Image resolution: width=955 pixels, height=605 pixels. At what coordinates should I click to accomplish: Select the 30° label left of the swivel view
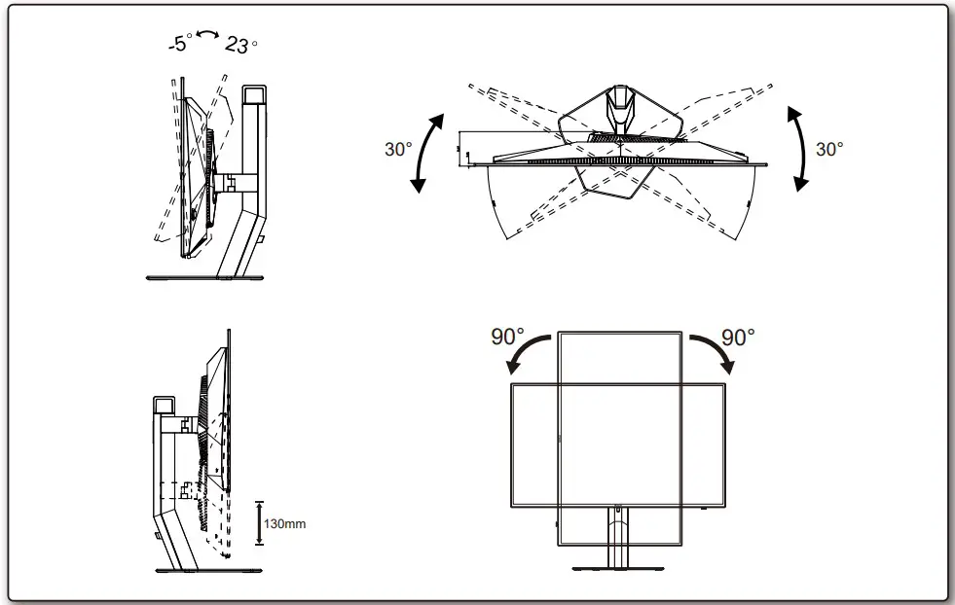coord(398,150)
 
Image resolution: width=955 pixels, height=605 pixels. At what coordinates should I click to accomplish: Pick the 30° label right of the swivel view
coord(828,150)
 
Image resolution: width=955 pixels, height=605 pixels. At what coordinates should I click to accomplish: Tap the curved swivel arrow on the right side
coord(799,150)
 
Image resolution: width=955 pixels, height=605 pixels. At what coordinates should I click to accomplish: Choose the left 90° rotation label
coord(507,338)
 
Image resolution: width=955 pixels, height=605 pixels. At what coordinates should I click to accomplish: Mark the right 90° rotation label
coord(738,338)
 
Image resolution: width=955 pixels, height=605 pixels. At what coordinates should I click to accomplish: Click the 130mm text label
coord(287,523)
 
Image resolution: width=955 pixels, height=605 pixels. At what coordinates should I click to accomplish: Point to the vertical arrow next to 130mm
coord(260,522)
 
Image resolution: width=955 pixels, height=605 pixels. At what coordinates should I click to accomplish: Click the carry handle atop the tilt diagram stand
coord(253,95)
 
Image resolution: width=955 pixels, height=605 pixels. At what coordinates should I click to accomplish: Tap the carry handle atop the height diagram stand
coord(163,404)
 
